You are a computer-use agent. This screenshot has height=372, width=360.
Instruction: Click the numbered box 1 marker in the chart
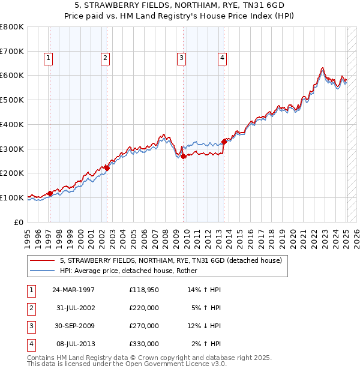click(48, 58)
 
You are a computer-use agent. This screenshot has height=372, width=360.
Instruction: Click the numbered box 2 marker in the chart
click(105, 58)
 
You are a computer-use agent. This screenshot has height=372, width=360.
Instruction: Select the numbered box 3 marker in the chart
click(181, 58)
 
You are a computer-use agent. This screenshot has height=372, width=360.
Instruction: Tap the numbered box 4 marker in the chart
click(222, 58)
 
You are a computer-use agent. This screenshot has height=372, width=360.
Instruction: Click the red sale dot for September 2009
click(184, 156)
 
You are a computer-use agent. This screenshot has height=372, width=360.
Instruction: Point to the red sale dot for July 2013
click(224, 142)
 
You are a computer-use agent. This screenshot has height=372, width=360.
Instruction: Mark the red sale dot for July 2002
click(107, 168)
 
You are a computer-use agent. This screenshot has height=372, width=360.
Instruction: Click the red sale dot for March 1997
click(50, 193)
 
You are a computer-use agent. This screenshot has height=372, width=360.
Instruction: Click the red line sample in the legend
click(42, 260)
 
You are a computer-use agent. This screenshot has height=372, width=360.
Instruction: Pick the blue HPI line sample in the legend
click(42, 271)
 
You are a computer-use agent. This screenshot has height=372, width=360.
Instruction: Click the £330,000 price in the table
click(144, 344)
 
